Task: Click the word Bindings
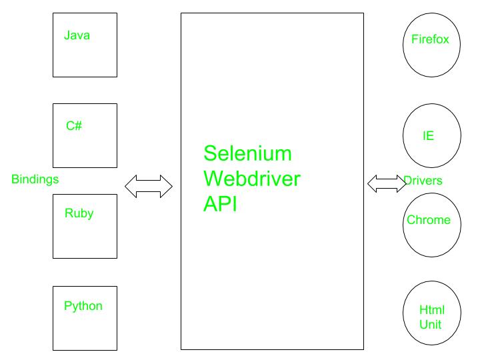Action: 35,179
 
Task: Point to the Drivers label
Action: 423,181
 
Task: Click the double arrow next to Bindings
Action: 149,187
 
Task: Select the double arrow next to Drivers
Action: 387,184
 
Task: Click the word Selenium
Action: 247,153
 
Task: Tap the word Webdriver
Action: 251,179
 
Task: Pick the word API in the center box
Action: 220,204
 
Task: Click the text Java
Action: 77,35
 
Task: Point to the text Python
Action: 83,306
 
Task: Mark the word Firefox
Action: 430,39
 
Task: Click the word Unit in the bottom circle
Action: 431,325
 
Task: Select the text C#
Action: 74,125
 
